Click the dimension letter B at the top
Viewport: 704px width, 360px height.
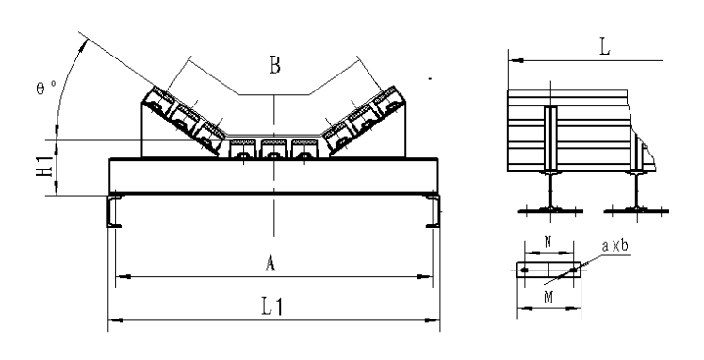click(x=274, y=66)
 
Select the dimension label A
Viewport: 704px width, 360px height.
click(x=270, y=265)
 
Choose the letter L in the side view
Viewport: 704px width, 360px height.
click(x=603, y=45)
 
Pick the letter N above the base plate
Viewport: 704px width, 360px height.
click(x=548, y=243)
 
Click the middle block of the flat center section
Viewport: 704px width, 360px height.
click(x=274, y=150)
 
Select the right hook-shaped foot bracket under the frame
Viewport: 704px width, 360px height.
click(x=433, y=211)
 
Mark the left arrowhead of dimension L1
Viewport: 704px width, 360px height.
click(x=115, y=320)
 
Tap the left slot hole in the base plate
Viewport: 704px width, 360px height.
click(x=524, y=271)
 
